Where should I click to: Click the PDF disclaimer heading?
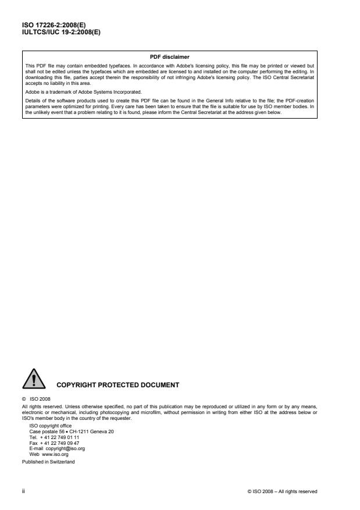click(170, 56)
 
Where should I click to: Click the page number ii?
click(23, 491)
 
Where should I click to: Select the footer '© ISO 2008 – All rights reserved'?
click(282, 491)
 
